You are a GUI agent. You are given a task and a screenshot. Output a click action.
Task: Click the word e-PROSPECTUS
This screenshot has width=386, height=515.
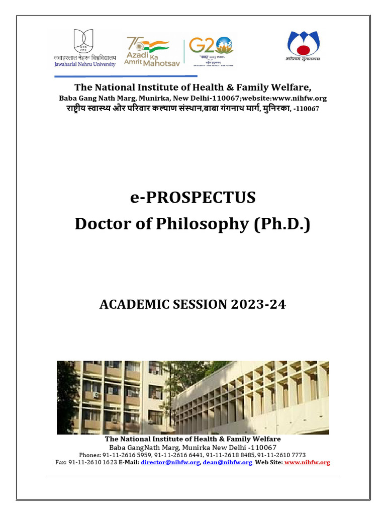(193, 198)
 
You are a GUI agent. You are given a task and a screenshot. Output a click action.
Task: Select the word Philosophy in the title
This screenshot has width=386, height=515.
(195, 224)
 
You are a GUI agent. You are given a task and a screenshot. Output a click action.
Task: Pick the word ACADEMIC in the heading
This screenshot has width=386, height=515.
(129, 304)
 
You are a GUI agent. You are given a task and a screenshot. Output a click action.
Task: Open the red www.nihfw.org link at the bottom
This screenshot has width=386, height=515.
(307, 462)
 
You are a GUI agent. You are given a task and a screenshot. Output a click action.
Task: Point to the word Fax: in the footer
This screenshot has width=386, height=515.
(61, 462)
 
